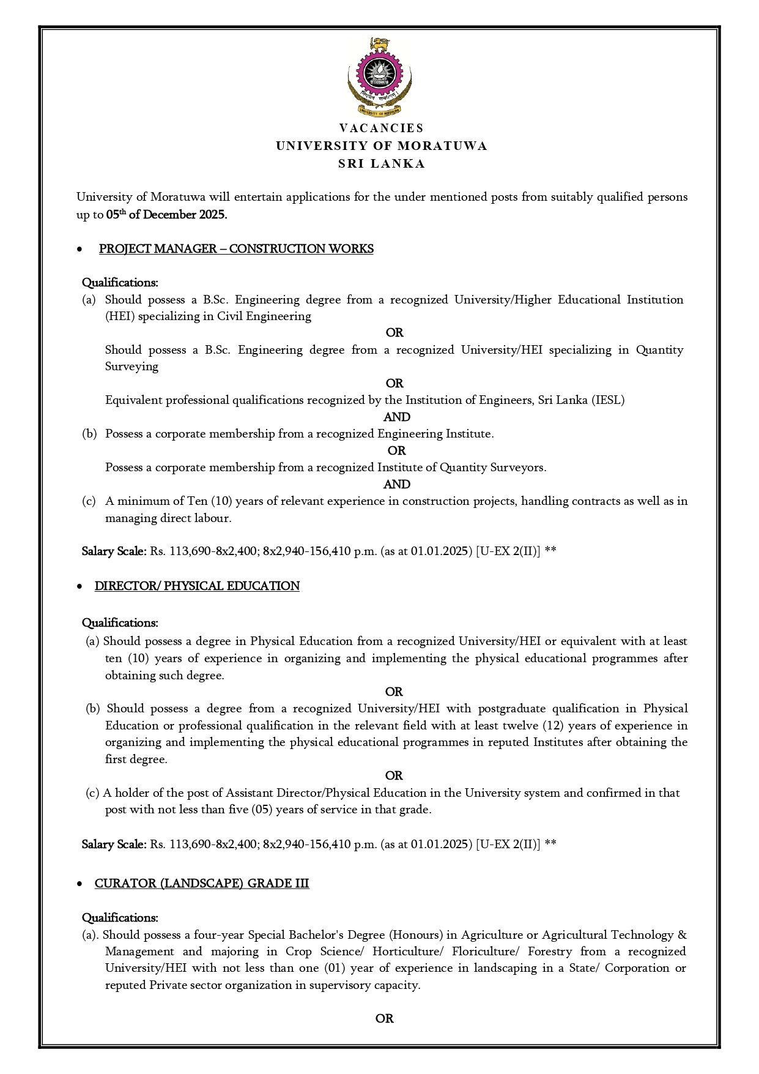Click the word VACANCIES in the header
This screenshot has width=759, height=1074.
[381, 128]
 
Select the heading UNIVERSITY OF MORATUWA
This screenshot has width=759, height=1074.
[381, 146]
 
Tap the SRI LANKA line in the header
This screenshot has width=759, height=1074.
[381, 163]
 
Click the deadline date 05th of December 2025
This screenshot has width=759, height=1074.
[166, 215]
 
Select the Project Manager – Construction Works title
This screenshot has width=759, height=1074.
[236, 248]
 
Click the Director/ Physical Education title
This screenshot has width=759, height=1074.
[197, 586]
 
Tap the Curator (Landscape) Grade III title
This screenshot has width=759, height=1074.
[202, 883]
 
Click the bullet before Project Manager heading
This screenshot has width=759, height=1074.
[79, 250]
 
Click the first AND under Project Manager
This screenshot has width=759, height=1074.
[396, 417]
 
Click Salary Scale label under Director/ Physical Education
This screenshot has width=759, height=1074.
[114, 844]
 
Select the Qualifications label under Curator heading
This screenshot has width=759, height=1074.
[120, 917]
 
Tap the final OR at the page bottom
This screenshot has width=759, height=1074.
[384, 1018]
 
